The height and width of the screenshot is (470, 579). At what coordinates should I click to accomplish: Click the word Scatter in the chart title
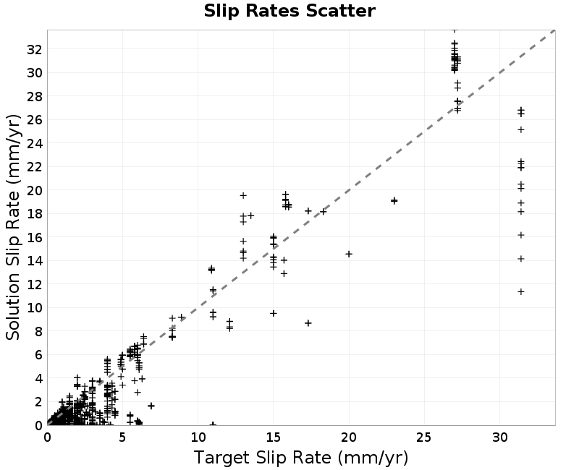(x=340, y=11)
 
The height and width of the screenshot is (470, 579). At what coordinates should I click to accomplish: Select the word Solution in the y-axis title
(x=12, y=306)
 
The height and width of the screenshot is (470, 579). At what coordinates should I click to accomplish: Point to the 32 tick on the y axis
(x=34, y=49)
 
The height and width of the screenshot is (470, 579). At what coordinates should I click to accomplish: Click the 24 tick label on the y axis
(x=34, y=143)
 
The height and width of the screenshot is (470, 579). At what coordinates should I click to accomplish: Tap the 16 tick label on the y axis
(x=34, y=238)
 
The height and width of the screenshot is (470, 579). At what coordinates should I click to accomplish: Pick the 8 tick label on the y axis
(x=38, y=331)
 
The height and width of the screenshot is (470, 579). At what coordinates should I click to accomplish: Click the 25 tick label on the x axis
(x=424, y=437)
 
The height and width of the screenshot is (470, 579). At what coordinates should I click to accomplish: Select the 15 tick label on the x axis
(x=274, y=437)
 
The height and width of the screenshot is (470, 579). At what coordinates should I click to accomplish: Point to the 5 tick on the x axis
(x=122, y=437)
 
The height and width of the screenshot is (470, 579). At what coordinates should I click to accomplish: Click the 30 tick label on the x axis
(x=499, y=437)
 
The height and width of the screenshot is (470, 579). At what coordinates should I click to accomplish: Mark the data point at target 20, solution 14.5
(x=349, y=254)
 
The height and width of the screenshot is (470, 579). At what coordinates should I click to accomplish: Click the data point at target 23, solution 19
(x=394, y=201)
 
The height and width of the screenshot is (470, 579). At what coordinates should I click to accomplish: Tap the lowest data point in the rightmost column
(x=521, y=291)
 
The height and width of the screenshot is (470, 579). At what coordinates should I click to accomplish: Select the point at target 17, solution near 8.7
(x=308, y=322)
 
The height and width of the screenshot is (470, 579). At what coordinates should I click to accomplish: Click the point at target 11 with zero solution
(x=213, y=424)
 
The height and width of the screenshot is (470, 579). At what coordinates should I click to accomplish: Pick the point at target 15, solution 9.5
(x=274, y=313)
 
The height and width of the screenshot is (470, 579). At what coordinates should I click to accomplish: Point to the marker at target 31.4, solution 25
(x=521, y=129)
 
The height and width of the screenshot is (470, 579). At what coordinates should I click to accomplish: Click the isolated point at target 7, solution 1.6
(x=151, y=406)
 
